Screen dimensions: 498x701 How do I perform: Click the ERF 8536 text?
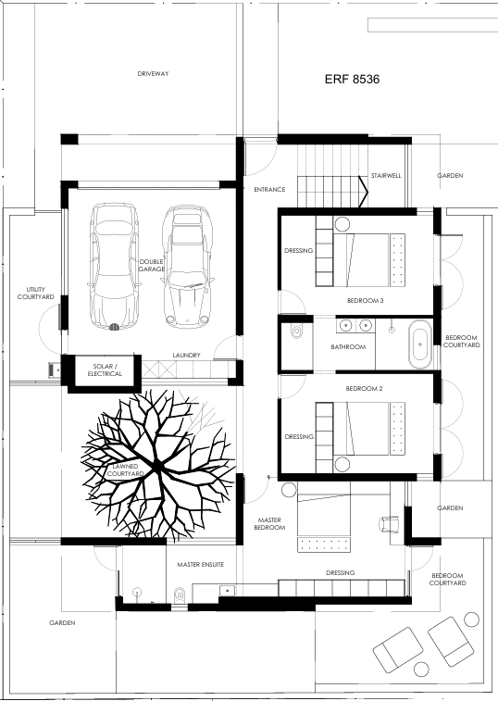[352, 79]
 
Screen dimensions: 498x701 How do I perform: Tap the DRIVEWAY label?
[153, 74]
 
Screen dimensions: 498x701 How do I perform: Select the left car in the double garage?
[114, 267]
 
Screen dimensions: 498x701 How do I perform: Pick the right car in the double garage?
[187, 267]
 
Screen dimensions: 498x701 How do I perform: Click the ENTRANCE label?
[269, 190]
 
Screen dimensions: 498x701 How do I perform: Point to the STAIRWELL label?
[386, 176]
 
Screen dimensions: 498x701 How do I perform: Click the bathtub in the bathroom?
[420, 344]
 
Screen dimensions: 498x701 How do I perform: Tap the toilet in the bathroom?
[296, 331]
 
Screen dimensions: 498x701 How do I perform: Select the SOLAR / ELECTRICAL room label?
[105, 370]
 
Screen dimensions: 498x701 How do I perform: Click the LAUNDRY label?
[186, 355]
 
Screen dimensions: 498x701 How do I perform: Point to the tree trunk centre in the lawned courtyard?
[157, 468]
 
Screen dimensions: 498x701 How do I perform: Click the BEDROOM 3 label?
[366, 300]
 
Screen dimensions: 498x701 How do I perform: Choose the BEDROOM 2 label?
[364, 389]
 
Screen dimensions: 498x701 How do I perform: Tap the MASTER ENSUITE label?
[200, 565]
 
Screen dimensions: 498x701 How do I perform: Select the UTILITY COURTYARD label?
[35, 294]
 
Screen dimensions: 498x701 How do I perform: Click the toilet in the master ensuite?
[180, 595]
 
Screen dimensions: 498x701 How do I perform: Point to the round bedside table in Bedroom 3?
[342, 225]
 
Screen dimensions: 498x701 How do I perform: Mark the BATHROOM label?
[348, 347]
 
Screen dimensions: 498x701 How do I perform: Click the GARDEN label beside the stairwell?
[450, 176]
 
